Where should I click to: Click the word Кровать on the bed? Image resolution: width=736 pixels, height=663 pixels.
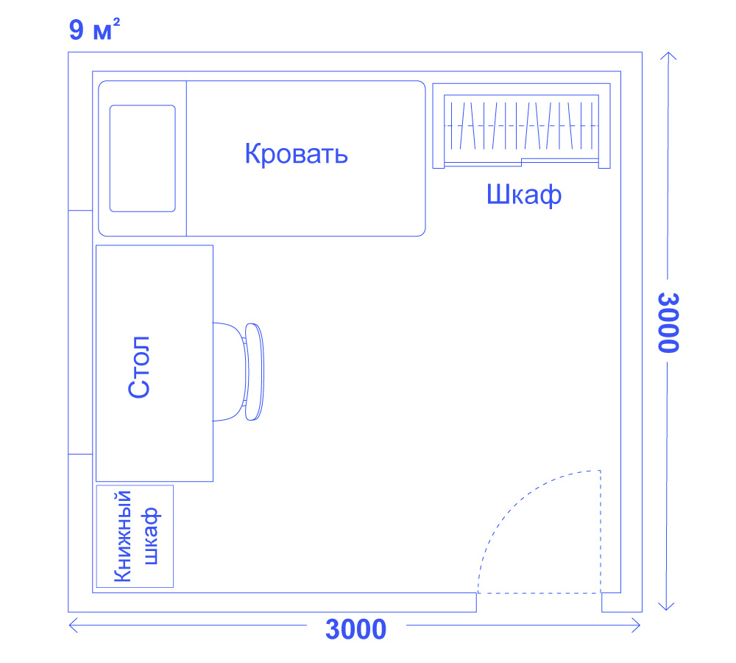click(x=296, y=155)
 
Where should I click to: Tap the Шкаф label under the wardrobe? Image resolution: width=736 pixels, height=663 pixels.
click(x=523, y=195)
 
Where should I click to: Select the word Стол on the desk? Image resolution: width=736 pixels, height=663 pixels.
click(x=139, y=368)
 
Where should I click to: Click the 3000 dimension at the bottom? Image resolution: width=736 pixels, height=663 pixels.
click(x=355, y=630)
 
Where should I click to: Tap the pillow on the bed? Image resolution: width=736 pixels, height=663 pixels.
click(x=142, y=158)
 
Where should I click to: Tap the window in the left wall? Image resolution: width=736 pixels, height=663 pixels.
click(x=80, y=331)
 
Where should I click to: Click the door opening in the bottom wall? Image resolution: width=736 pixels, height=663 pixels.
click(x=539, y=603)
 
